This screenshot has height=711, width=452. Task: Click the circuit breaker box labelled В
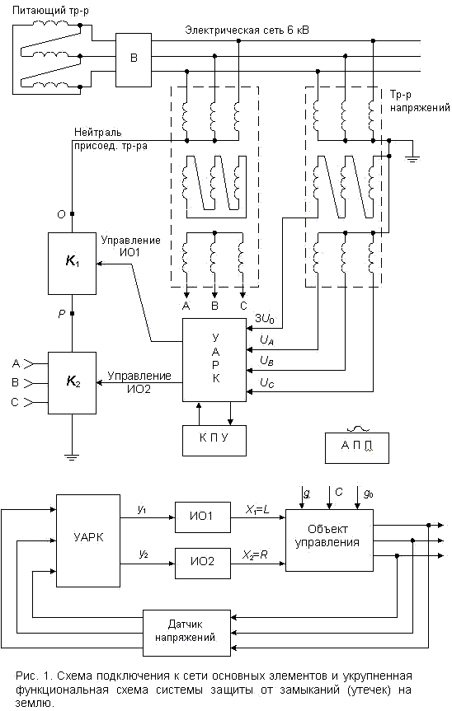134,59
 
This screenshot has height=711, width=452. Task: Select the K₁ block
72,264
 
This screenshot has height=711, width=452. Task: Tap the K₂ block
72,383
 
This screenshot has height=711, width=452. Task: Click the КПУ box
214,440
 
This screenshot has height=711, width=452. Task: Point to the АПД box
356,448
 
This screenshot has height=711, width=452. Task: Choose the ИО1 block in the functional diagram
202,516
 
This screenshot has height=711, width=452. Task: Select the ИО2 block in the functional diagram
202,561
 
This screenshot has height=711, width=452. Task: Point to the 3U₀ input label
265,319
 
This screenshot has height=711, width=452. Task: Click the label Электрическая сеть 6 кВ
247,30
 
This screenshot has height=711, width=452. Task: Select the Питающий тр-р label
50,12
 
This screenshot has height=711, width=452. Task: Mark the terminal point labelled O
72,213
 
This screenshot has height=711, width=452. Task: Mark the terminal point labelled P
72,313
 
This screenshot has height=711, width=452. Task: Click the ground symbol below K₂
72,456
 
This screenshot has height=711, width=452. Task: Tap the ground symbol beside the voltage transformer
412,159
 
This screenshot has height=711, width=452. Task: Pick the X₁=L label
257,510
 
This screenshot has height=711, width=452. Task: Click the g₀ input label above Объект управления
369,493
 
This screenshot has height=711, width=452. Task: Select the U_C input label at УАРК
267,383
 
